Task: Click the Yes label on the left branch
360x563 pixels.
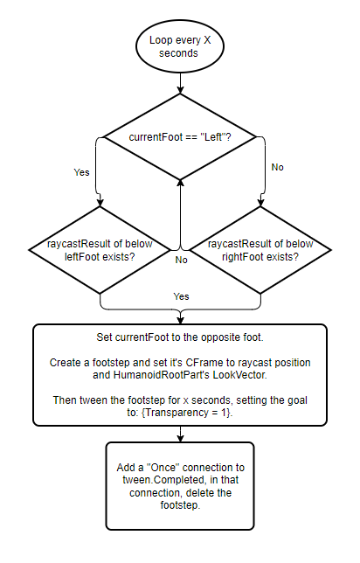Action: point(81,172)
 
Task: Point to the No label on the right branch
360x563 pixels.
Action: point(278,167)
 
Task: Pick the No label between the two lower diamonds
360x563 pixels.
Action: point(181,260)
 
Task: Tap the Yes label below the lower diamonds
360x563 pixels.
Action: point(181,296)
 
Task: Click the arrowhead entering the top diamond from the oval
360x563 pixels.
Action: point(180,90)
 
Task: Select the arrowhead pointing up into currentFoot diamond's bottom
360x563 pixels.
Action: point(181,183)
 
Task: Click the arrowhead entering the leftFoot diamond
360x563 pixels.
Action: point(100,203)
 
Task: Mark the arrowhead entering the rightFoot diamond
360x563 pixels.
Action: point(260,203)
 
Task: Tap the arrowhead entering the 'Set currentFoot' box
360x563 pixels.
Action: point(180,321)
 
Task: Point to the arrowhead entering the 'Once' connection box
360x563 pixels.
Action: point(180,438)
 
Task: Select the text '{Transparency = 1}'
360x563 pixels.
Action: point(187,413)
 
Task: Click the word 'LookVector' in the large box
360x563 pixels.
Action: point(239,375)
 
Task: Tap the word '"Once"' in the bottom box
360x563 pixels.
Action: point(163,468)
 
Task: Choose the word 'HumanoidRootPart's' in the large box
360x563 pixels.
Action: point(162,375)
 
